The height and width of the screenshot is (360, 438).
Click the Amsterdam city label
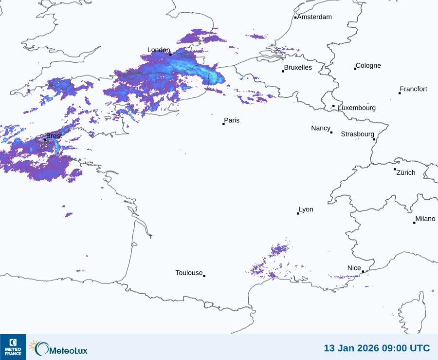pos(314,17)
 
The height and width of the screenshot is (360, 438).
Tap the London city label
pos(159,50)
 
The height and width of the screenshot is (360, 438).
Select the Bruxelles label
pos(298,68)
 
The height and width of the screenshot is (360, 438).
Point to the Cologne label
pos(368,66)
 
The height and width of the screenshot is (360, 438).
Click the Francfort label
pos(414,89)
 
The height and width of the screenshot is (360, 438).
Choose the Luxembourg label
pos(357,108)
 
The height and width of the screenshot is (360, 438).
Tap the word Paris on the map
pos(232,120)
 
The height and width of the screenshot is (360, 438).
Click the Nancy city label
pos(321,128)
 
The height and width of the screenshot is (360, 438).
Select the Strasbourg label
pos(357,134)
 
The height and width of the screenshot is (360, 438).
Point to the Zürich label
pos(406,172)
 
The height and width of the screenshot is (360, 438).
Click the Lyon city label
pos(306,209)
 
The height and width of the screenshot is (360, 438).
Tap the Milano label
pos(425,219)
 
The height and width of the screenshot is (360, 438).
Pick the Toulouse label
pos(189,273)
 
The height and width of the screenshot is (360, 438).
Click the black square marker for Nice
pos(363,272)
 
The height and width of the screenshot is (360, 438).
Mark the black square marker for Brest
pos(45,140)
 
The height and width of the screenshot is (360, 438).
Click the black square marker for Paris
pos(223,124)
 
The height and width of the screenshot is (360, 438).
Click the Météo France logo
pos(13,347)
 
